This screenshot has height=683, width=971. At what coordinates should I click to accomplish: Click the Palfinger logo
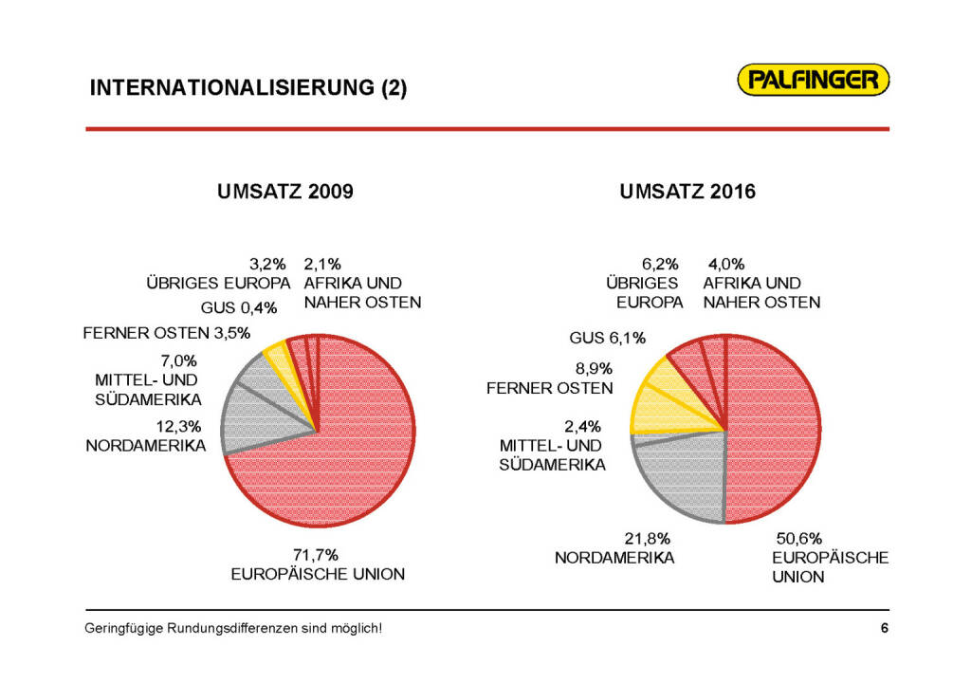point(814,80)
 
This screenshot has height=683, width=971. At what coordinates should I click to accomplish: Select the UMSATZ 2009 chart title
point(285,193)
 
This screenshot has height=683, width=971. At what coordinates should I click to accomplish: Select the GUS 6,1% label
point(608,338)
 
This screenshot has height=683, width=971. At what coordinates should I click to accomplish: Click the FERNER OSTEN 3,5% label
point(166,333)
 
